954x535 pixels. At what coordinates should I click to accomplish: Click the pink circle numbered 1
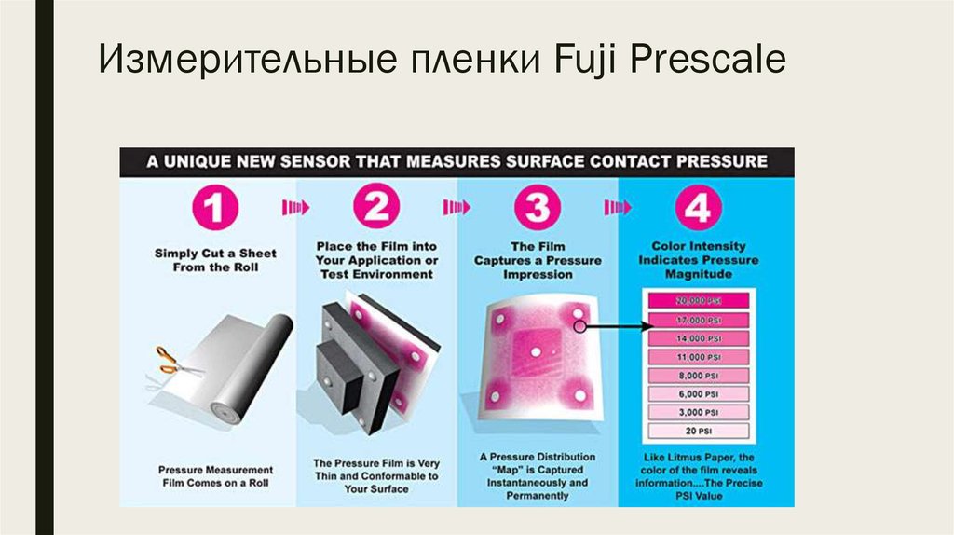[x=214, y=208]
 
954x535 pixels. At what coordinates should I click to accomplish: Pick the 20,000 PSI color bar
[x=698, y=300]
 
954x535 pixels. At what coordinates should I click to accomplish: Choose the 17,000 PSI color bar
[x=698, y=319]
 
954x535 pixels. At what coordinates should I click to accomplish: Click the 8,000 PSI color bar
[x=698, y=376]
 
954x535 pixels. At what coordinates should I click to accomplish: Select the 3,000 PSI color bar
[x=698, y=413]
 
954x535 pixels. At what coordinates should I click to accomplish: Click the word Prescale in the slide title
[x=709, y=62]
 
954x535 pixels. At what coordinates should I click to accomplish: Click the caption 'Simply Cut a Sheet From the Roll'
[x=213, y=260]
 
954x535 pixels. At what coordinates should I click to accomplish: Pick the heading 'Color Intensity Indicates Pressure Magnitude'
[x=698, y=260]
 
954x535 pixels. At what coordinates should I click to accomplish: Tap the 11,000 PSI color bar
[x=698, y=356]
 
